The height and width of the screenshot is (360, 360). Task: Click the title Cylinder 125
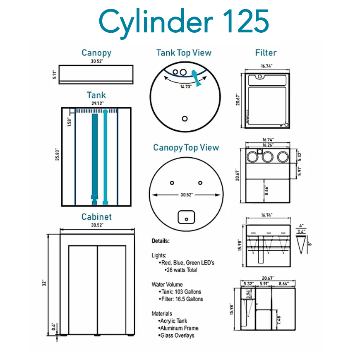(x=184, y=22)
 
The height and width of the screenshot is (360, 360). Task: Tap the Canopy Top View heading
(x=186, y=148)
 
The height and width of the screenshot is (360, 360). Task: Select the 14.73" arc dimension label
(x=185, y=86)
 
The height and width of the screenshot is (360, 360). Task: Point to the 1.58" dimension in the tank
(x=70, y=122)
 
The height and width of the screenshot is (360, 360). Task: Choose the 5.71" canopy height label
(x=54, y=74)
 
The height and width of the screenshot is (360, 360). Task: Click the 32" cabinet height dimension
(x=44, y=283)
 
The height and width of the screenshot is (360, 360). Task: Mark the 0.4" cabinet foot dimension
(x=53, y=327)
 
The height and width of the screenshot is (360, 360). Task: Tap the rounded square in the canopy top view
(x=186, y=217)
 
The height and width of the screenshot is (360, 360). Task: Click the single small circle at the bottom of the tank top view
(x=185, y=119)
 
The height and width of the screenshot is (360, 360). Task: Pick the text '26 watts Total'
(x=182, y=270)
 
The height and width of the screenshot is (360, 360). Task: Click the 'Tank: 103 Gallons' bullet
(x=181, y=292)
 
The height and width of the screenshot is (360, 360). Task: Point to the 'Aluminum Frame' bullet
(x=179, y=328)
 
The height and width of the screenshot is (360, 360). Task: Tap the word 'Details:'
(x=161, y=241)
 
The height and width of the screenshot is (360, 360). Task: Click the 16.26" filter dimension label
(x=268, y=145)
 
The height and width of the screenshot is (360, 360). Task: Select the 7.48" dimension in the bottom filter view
(x=279, y=320)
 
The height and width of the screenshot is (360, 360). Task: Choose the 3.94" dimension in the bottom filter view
(x=248, y=294)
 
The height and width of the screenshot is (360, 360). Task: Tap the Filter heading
(x=266, y=53)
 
